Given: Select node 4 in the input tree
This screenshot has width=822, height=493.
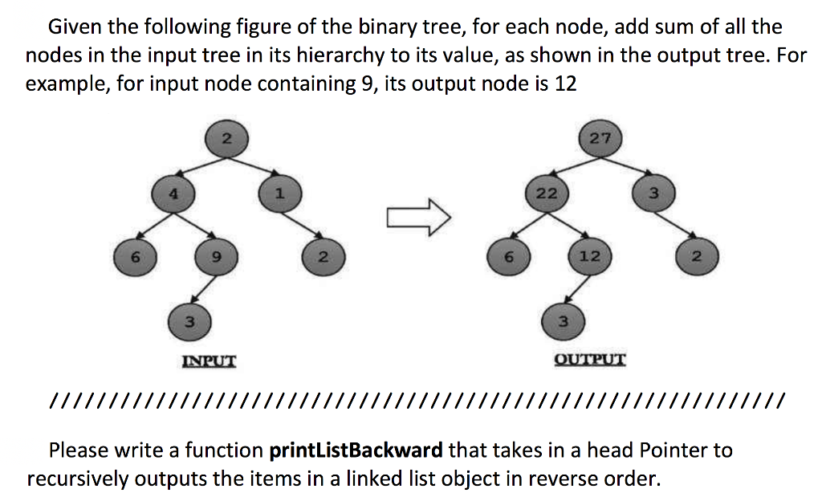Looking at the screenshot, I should point(171,194).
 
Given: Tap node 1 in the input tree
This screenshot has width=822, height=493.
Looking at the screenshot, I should point(277,194).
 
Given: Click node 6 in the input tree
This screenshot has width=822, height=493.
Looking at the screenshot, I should point(136,257).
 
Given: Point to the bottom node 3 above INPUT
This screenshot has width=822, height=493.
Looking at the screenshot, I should point(188,322).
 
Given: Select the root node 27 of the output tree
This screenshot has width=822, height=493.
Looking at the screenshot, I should point(600,138).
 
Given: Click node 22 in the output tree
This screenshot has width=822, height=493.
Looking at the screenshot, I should point(547,194).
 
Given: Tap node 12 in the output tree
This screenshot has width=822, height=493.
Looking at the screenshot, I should point(588,257).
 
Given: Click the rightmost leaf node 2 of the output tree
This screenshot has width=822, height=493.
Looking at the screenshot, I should point(695,257).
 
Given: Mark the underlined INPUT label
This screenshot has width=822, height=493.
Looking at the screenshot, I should point(210,361).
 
